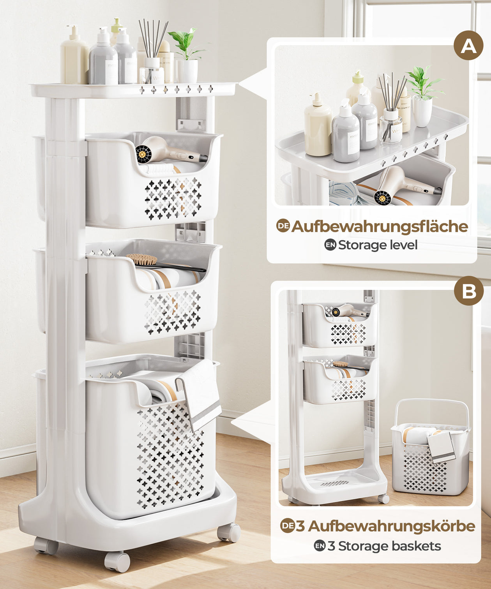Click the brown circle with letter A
468,46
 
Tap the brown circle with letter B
469,291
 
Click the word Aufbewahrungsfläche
380,226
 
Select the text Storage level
378,245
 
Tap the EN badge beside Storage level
330,245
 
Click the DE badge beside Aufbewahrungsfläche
283,226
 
